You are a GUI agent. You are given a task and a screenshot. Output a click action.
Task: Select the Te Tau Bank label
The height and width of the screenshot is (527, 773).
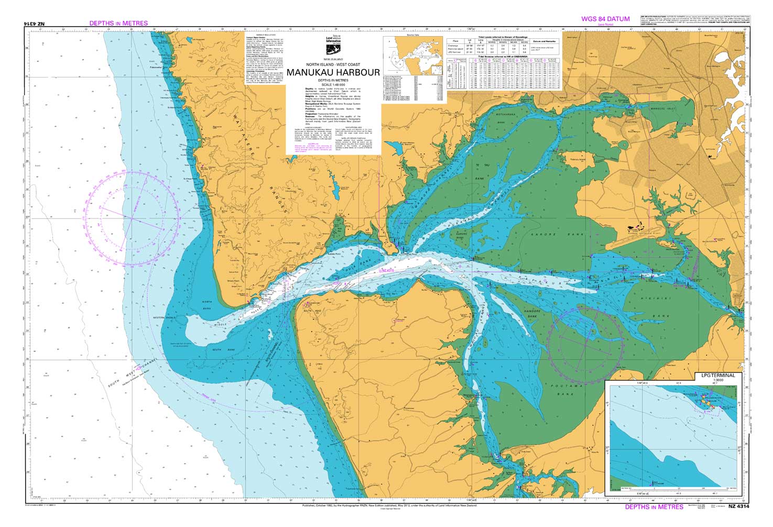tap(477, 172)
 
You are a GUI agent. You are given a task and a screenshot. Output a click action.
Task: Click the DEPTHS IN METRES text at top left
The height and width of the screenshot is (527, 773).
tap(118, 23)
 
